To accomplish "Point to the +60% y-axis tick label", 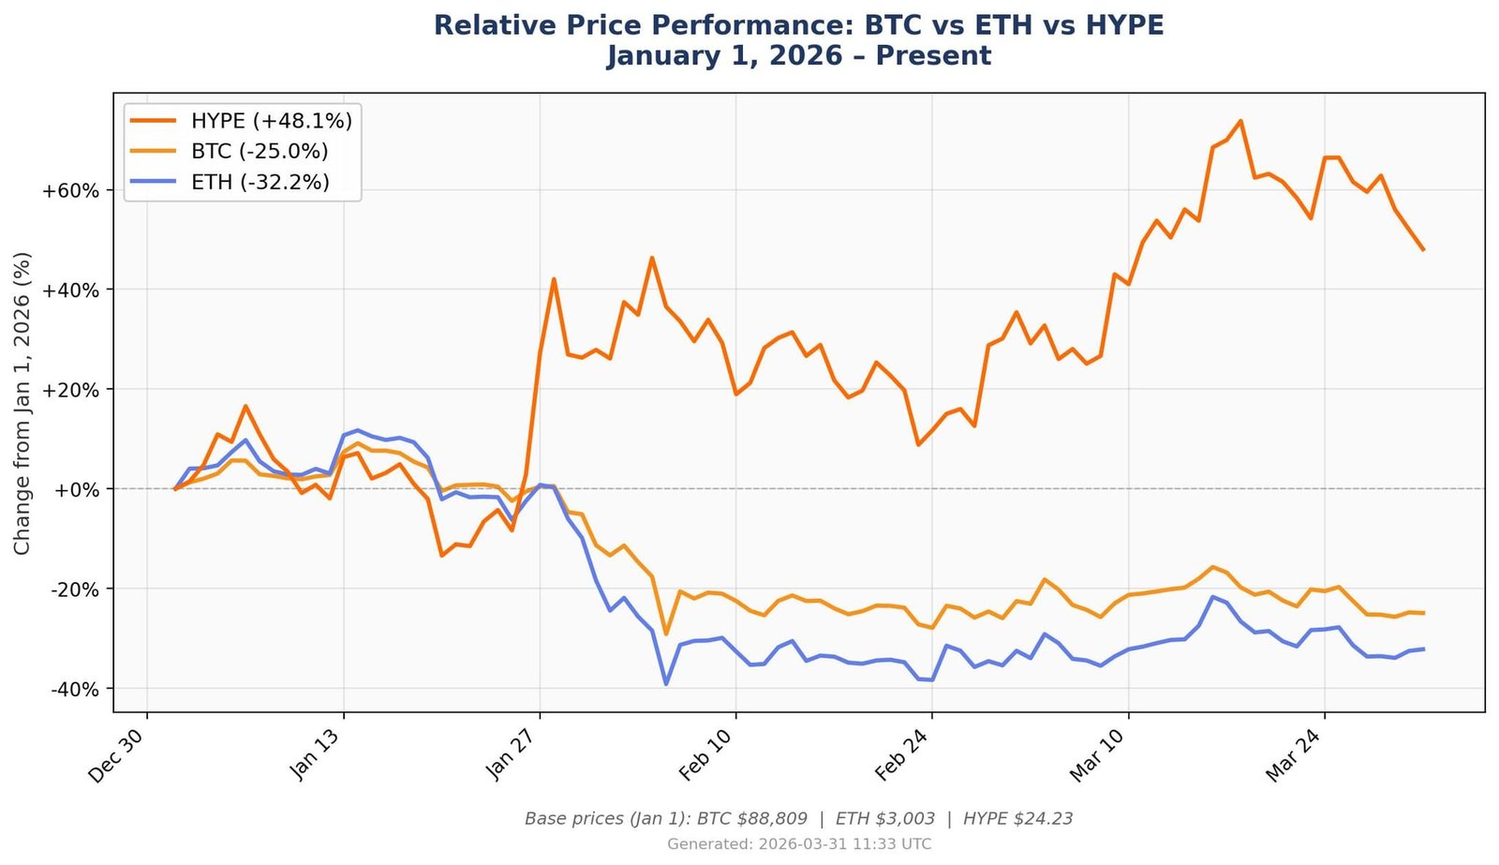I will (x=70, y=191).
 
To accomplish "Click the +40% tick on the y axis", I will (x=70, y=291).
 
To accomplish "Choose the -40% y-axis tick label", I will (x=72, y=690).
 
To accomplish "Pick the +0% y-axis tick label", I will (x=75, y=489).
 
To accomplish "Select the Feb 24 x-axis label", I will (x=902, y=755).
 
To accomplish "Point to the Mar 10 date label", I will (x=1098, y=755).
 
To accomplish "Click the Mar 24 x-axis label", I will (x=1294, y=755).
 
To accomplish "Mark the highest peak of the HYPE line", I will (x=1240, y=121).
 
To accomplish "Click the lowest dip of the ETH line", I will (x=666, y=684).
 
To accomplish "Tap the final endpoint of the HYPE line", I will (x=1423, y=249).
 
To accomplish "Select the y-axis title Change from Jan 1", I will (x=22, y=403).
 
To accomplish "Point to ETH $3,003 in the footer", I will (x=884, y=819).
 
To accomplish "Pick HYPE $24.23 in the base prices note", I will (x=1017, y=819).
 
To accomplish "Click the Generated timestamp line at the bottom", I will (x=799, y=844).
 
